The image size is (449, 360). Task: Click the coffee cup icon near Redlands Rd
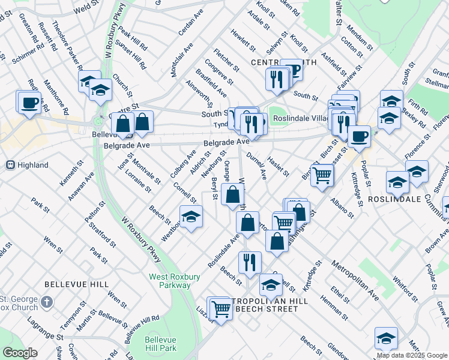click(x=29, y=103)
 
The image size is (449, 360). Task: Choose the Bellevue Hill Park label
click(x=161, y=344)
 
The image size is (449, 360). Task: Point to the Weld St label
click(x=85, y=8)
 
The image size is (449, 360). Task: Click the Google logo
click(x=20, y=353)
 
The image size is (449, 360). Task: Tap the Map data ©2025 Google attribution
click(x=412, y=355)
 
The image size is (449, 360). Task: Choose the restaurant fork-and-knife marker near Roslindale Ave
click(x=249, y=262)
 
